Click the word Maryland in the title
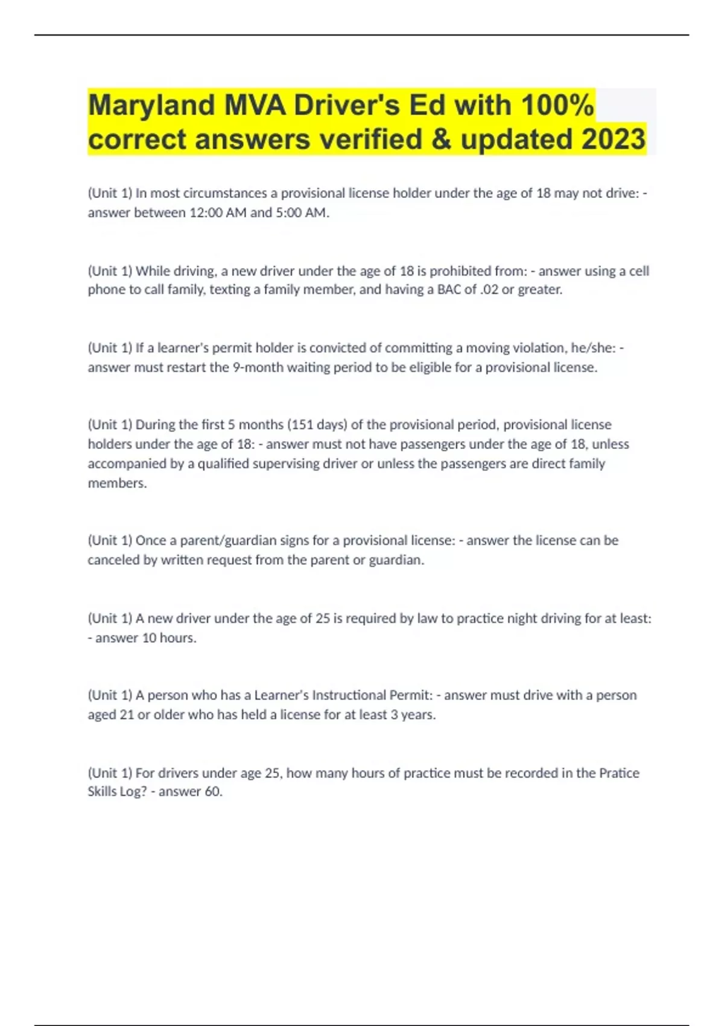click(151, 106)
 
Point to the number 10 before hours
click(149, 638)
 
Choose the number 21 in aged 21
click(127, 715)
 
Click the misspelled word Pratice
click(619, 773)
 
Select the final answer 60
click(213, 792)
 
